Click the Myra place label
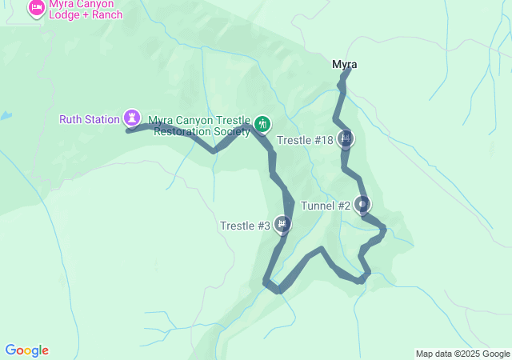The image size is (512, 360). (344, 64)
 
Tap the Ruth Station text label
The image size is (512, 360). (90, 120)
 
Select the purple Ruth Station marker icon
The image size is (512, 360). (131, 118)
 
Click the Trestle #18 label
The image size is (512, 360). (305, 140)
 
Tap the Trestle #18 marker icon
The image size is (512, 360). (345, 139)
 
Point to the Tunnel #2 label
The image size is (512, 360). (326, 206)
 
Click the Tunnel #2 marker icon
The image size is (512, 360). (362, 205)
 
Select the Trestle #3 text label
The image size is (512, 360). (245, 226)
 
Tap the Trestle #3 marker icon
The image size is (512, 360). (282, 225)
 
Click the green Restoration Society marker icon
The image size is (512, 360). (262, 124)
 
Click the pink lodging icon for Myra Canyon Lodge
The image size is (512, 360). (36, 8)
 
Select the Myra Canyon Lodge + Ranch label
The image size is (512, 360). (86, 9)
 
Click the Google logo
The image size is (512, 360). (26, 350)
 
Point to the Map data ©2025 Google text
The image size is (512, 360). (462, 354)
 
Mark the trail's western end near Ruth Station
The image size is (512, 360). (128, 130)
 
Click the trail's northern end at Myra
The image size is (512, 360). (350, 69)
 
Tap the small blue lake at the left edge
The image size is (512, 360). (5, 116)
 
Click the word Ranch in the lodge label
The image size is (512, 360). (106, 15)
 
